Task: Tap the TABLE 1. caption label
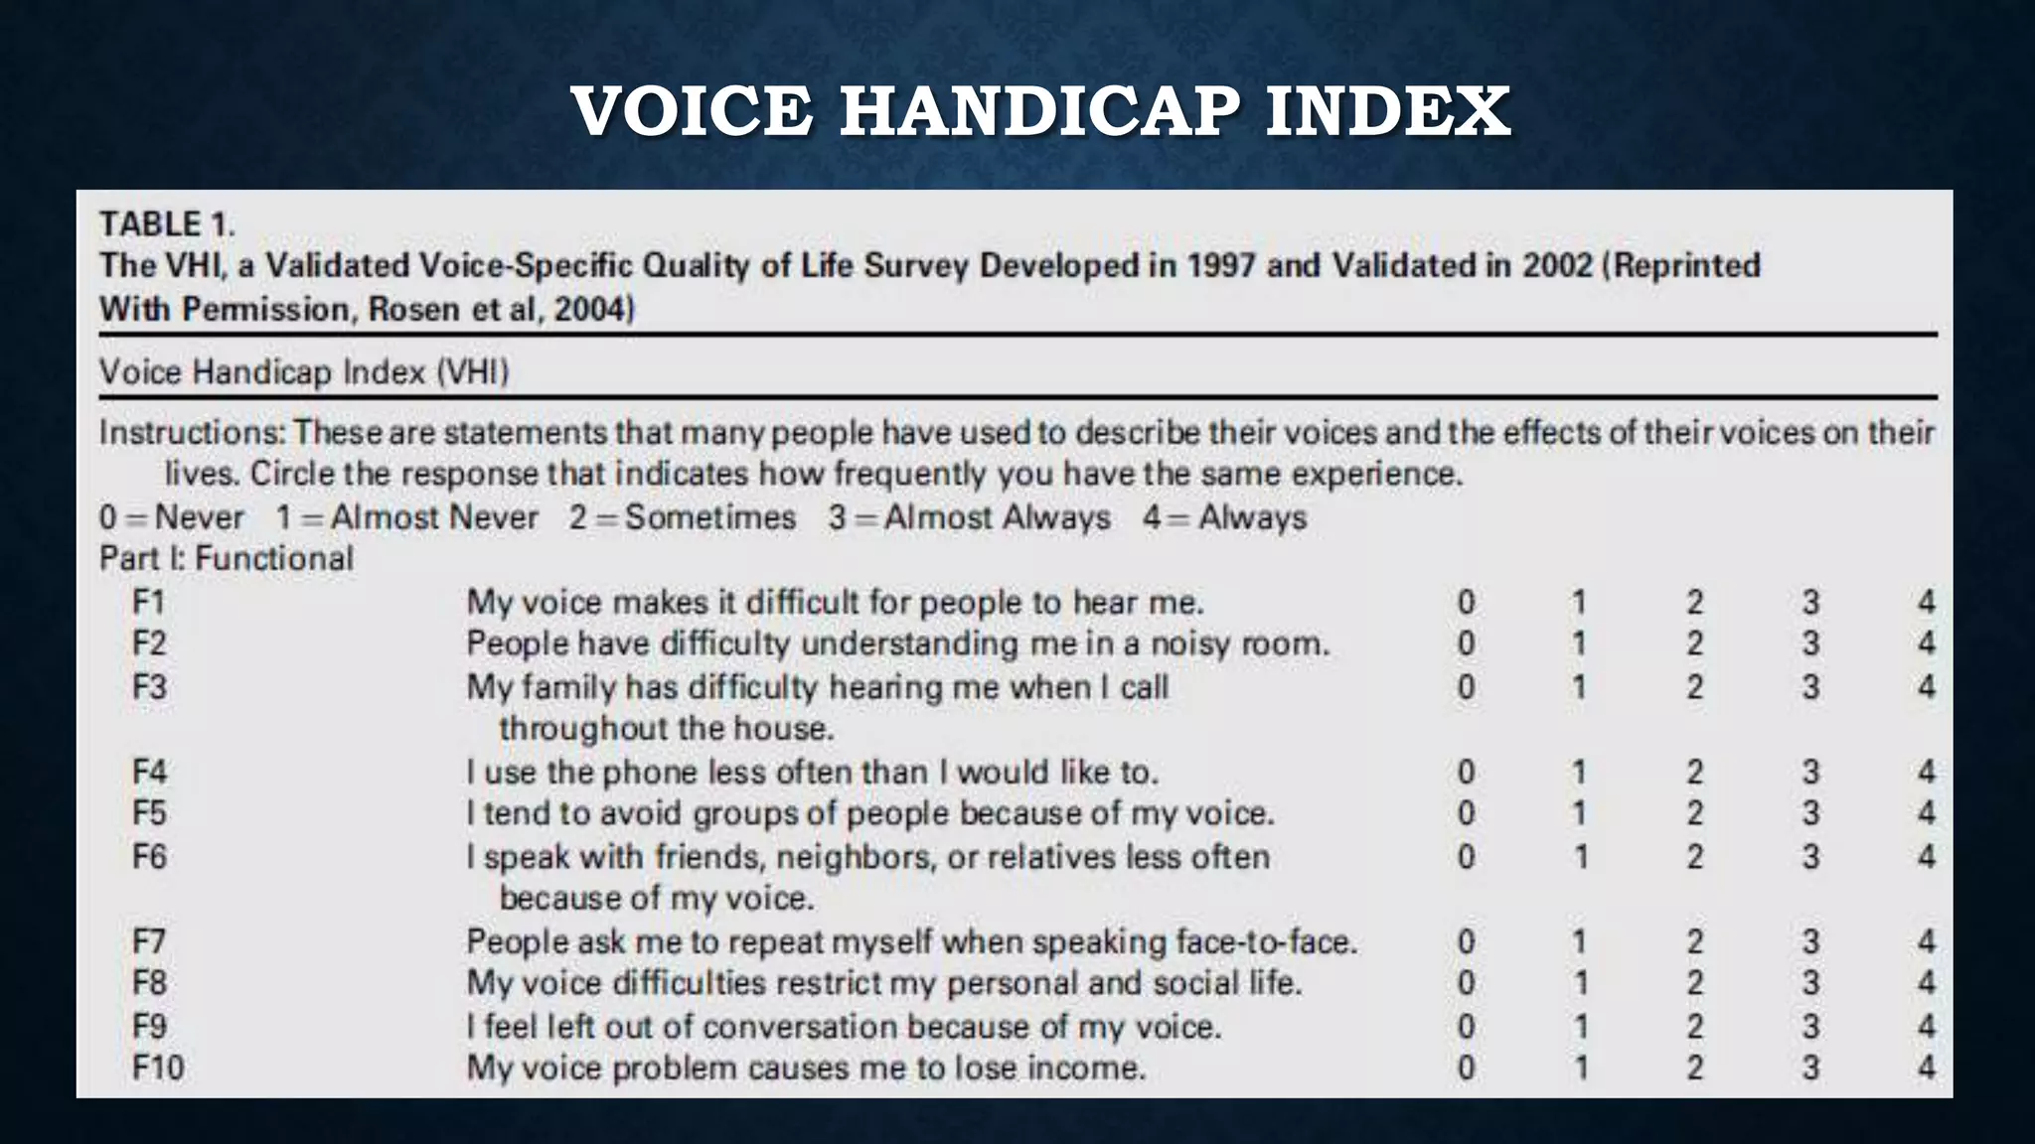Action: point(167,224)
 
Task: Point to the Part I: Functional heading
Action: point(226,558)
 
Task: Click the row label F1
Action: point(149,602)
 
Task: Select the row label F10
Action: point(158,1068)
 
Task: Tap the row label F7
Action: point(149,940)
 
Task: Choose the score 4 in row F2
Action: point(1926,643)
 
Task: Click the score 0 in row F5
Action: point(1466,813)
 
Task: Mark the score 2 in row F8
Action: point(1695,983)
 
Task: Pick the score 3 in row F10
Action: point(1810,1068)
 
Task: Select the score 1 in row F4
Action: point(1580,772)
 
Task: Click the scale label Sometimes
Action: point(709,517)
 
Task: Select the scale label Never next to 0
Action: point(199,517)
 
